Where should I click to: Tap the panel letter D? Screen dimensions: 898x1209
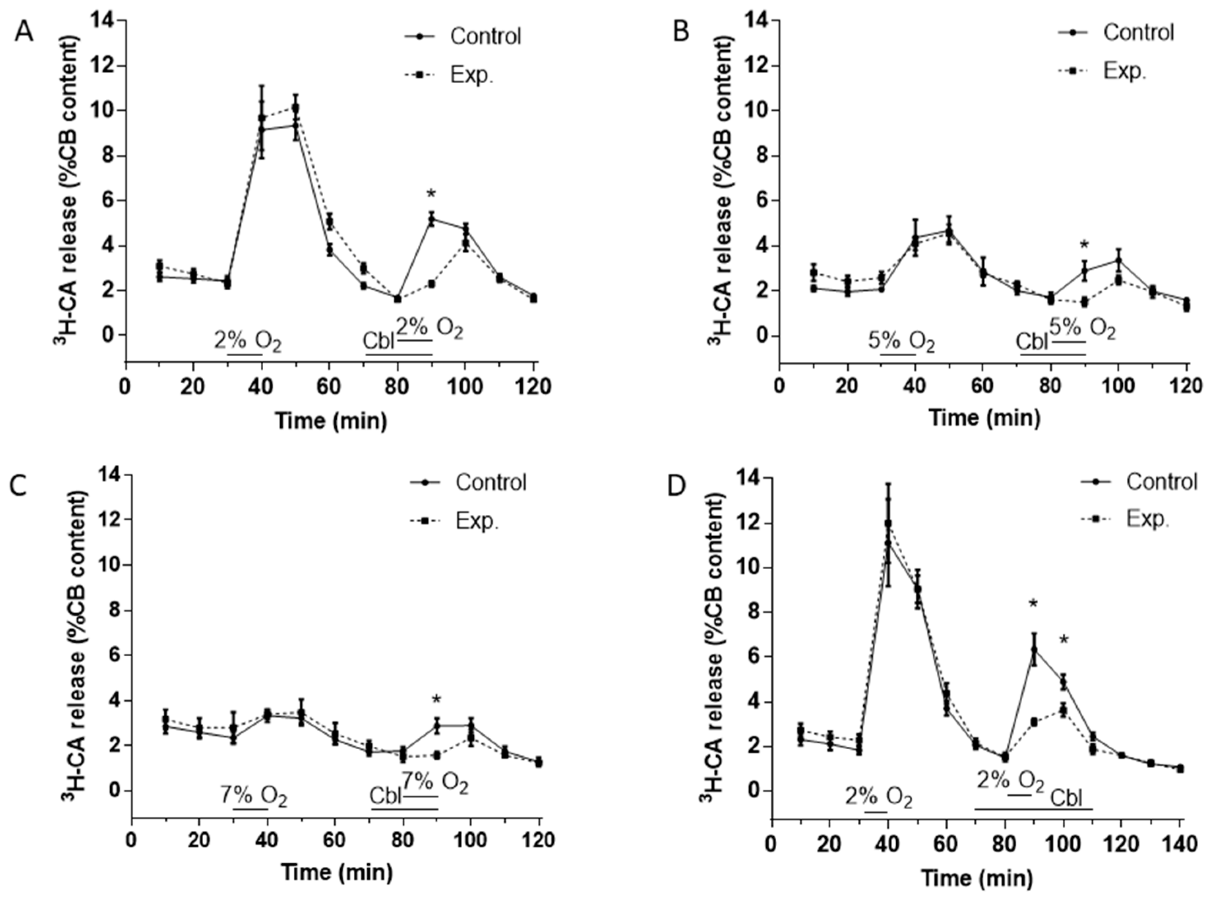pos(677,488)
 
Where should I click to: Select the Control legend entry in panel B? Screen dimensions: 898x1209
pos(1138,33)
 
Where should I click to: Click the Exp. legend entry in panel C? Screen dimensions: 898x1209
pos(477,521)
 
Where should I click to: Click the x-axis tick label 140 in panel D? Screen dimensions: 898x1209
pos(1180,845)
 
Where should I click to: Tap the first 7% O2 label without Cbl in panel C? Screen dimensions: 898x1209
pos(253,797)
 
